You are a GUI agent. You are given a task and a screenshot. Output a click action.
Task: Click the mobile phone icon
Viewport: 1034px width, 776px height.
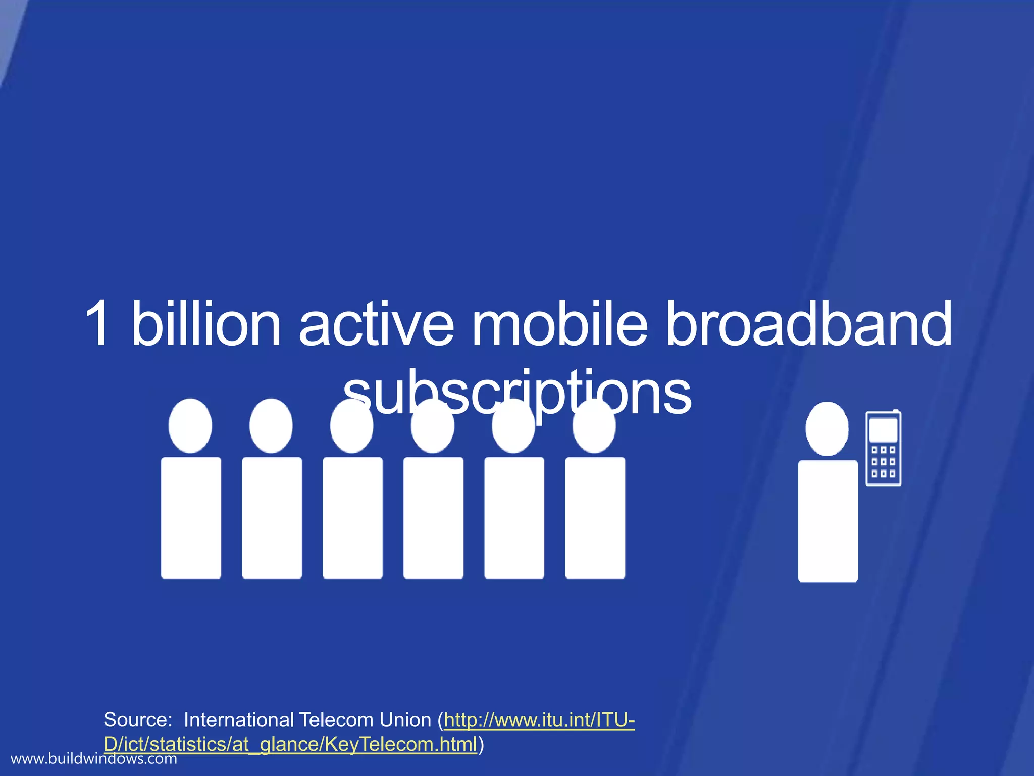883,448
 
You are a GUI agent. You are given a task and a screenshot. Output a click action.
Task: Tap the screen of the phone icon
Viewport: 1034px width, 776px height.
883,429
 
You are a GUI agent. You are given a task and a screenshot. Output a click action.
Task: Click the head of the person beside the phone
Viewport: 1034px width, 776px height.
827,428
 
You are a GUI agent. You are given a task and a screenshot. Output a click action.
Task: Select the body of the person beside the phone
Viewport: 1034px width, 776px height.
828,520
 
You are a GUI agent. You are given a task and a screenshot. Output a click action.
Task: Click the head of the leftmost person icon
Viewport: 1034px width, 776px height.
190,425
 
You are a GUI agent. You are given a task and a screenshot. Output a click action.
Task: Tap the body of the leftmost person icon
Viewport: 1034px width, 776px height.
191,518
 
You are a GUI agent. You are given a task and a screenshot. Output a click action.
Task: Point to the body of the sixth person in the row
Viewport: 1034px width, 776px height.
595,518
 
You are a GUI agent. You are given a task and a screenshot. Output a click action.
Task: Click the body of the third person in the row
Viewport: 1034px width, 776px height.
352,518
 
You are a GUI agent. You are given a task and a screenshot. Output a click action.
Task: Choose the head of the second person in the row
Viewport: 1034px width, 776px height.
271,425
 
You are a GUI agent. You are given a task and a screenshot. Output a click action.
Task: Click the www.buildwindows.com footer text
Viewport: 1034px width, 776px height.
94,759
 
